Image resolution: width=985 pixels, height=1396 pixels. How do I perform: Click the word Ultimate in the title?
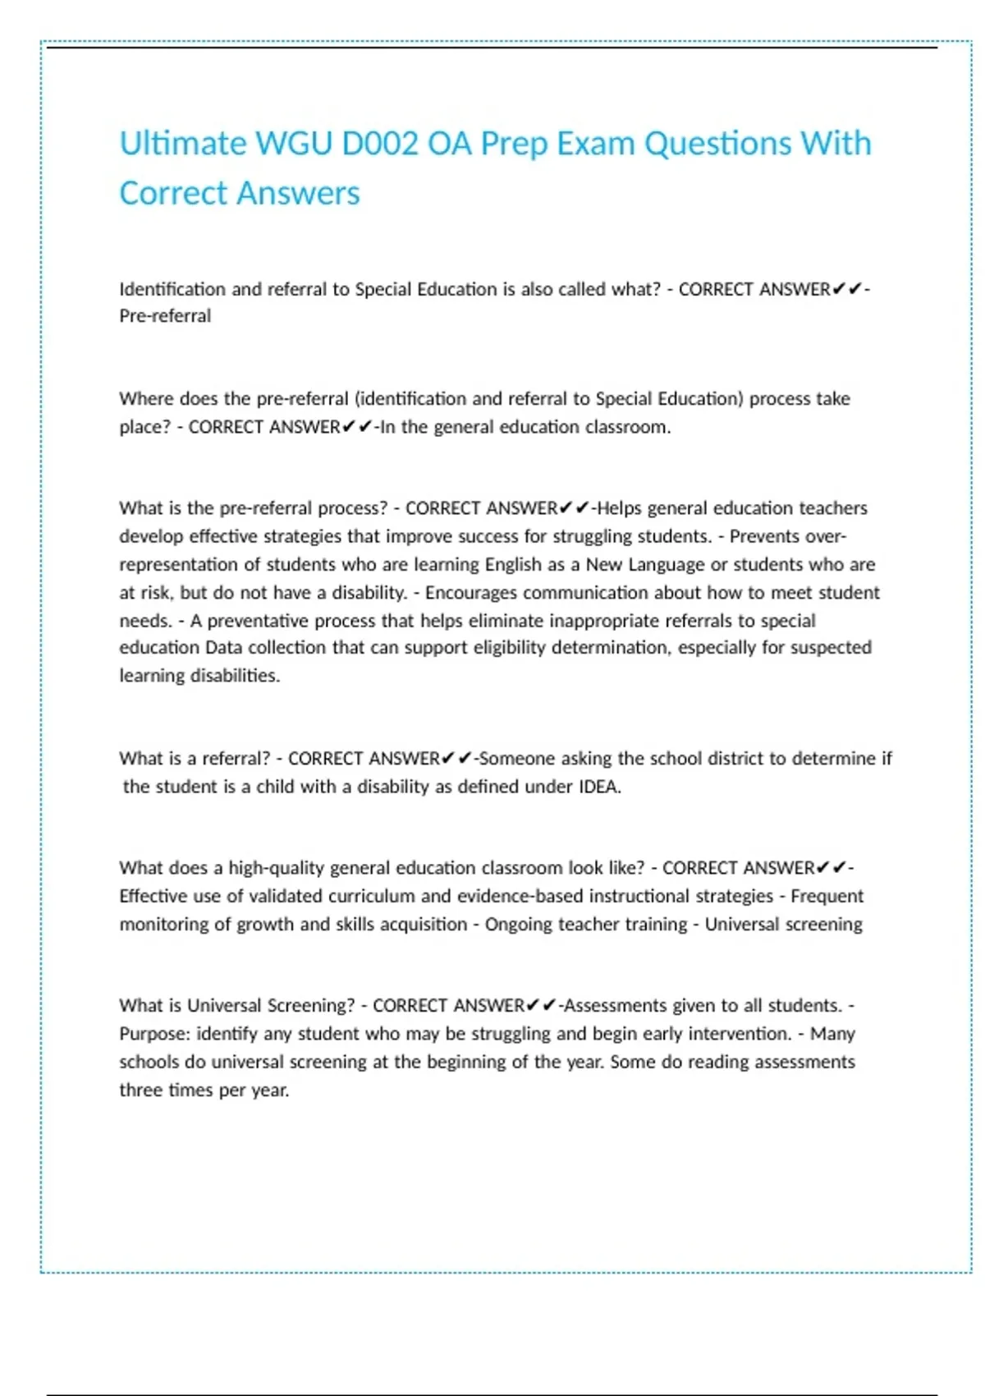(182, 144)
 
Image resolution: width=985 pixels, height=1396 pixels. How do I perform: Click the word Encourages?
(470, 592)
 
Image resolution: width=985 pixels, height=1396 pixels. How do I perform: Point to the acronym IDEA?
(598, 787)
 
